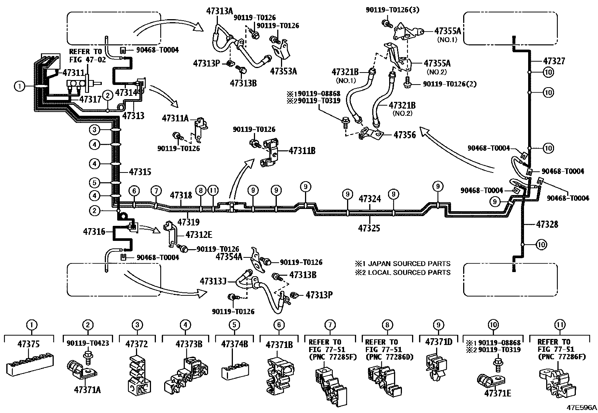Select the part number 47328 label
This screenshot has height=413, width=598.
point(547,224)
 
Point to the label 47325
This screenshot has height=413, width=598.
point(369,228)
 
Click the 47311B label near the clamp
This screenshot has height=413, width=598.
point(302,151)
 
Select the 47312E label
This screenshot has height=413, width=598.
point(199,235)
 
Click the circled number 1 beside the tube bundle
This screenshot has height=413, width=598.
point(19,86)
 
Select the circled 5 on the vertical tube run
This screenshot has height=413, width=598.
point(95,183)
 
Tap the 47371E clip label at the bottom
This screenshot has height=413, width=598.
point(497,393)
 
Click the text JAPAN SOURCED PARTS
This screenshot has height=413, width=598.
point(406,263)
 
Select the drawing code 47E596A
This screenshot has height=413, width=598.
point(581,407)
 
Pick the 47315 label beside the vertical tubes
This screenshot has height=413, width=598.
point(140,172)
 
